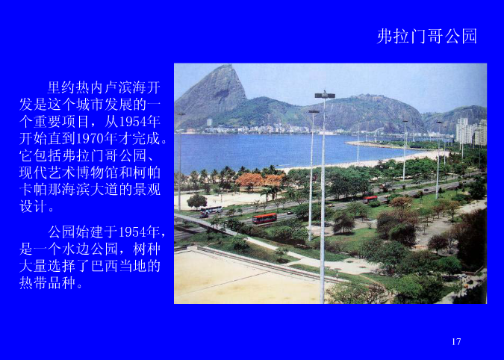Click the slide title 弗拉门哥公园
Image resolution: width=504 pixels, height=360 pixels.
click(x=426, y=37)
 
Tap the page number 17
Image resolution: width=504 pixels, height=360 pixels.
click(x=456, y=342)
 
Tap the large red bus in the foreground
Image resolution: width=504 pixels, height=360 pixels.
click(x=264, y=219)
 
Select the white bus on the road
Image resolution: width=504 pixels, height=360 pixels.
click(x=211, y=211)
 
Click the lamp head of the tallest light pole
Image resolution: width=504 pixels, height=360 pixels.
click(x=325, y=95)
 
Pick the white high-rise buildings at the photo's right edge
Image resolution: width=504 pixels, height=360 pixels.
click(x=471, y=131)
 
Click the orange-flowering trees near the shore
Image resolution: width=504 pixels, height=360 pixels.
click(x=254, y=180)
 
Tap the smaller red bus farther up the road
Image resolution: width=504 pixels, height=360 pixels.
click(x=370, y=199)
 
